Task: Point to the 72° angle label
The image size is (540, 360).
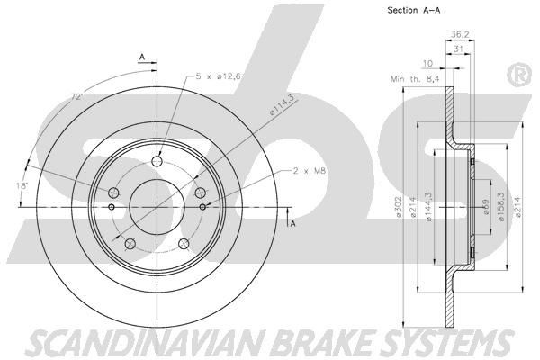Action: tap(77, 94)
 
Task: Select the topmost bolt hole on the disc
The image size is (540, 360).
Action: tap(157, 162)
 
